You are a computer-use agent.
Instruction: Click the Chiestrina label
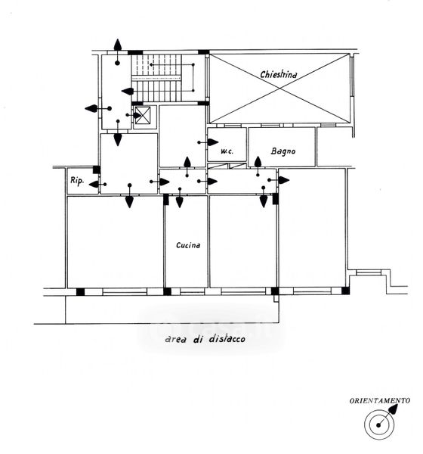coord(279,75)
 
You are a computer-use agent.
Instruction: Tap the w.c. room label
coord(227,151)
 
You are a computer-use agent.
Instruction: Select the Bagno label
coord(283,151)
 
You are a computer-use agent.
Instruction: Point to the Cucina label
coord(188,245)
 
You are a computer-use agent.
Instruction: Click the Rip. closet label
coord(77,181)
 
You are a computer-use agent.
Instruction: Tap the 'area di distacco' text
coord(205,339)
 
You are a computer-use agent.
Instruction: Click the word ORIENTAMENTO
coord(380,401)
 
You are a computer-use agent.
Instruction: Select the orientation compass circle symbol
coord(379,424)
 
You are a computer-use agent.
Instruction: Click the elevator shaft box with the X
coord(143,115)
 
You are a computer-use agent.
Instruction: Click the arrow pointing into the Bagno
coord(258,166)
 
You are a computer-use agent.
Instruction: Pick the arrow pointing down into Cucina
coord(180,197)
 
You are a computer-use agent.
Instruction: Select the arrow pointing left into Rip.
coord(97,184)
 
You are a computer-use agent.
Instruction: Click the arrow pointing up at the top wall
coord(117,51)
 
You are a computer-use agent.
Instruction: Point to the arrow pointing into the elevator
coord(134,115)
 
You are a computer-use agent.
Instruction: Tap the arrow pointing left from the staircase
coord(127,92)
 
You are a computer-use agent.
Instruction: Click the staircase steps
coord(156,78)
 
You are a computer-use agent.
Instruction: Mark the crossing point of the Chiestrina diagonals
coord(279,89)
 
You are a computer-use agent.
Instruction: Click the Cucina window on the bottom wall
coord(193,291)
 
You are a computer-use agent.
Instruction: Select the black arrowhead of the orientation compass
coord(393,409)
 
